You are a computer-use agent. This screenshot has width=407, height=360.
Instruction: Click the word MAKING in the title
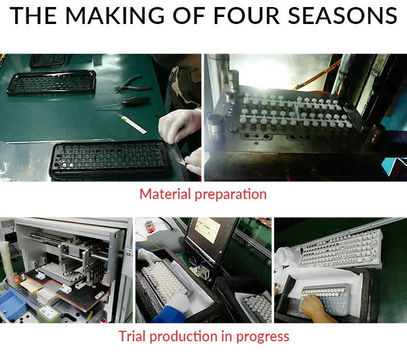tap(115, 15)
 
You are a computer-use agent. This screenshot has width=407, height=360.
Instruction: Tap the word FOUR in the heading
tap(247, 15)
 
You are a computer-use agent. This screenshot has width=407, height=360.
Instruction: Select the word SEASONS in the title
tap(343, 15)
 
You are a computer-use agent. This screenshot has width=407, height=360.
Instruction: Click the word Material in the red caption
tap(165, 194)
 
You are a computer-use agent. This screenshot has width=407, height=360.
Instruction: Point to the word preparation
tap(231, 195)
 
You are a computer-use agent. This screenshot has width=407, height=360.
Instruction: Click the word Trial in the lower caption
tap(132, 336)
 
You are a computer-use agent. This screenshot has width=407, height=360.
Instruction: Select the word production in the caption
tap(183, 337)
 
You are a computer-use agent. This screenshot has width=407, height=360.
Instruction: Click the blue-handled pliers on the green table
tap(132, 84)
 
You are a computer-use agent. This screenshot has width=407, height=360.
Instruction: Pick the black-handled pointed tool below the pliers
tap(123, 102)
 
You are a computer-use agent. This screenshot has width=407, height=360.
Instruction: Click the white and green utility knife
tap(131, 123)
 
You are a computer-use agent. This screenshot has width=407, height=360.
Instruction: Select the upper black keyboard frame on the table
tap(52, 82)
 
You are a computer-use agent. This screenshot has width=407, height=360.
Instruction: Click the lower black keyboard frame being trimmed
tap(110, 159)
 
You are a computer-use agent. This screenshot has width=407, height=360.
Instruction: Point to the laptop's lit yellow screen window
tap(207, 229)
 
